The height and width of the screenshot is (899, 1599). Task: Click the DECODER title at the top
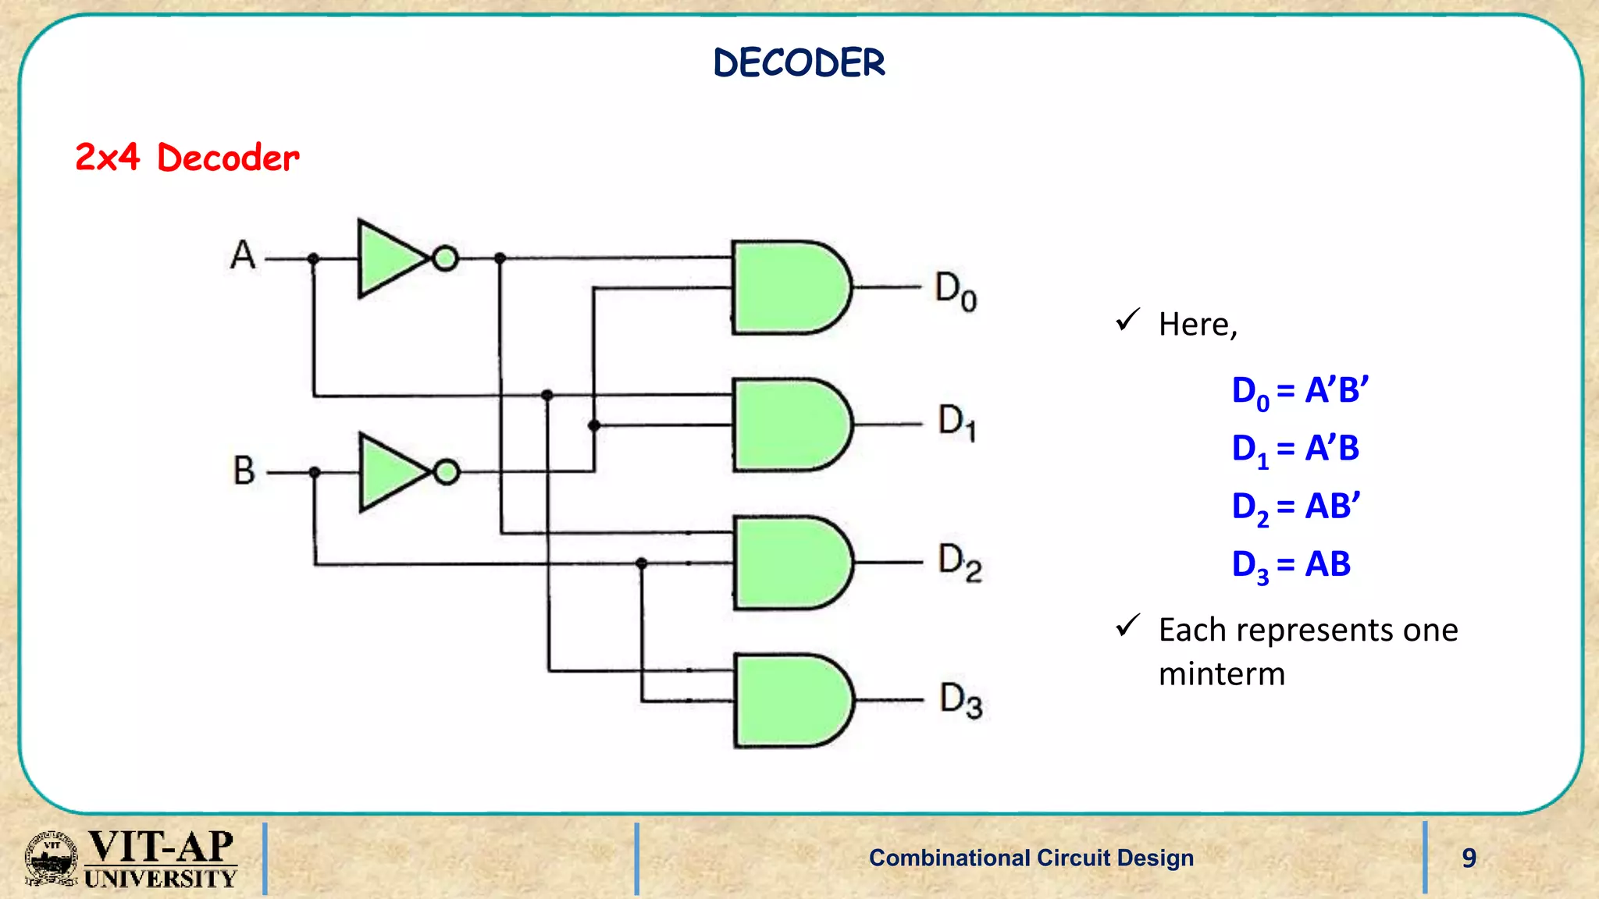[x=799, y=63]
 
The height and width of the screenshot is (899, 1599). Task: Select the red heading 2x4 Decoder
[x=187, y=158]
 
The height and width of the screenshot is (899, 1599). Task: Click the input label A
[x=243, y=255]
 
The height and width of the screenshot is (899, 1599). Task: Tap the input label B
[x=244, y=471]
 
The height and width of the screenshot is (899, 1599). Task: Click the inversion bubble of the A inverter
[x=445, y=258]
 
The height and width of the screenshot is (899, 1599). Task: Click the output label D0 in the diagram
[x=956, y=292]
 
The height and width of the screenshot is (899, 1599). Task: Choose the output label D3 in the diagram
[x=960, y=701]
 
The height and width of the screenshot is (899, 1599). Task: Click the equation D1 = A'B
[x=1295, y=449]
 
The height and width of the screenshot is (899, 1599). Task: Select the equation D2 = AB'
[x=1296, y=507]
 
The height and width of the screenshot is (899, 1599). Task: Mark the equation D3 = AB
[x=1291, y=565]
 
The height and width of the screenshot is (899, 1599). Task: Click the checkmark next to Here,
[x=1128, y=319]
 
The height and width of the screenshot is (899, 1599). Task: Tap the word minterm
[x=1221, y=673]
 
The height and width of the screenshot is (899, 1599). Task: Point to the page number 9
[x=1469, y=858]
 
